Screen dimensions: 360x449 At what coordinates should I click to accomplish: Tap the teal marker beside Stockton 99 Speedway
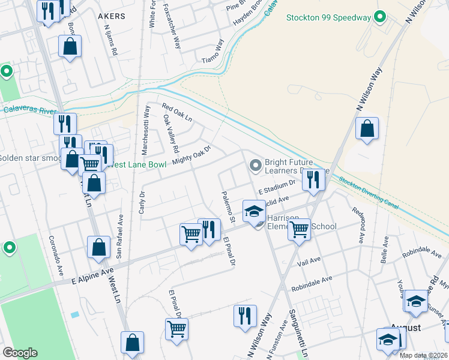(x=379, y=17)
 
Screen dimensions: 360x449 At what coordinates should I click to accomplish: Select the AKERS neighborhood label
(x=111, y=16)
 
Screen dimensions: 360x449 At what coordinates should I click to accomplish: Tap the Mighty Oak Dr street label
(x=192, y=155)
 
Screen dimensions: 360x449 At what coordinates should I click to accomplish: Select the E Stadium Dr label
(x=277, y=187)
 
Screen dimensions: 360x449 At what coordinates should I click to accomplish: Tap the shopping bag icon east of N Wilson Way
(x=367, y=128)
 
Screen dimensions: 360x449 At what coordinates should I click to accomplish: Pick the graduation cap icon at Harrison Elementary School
(x=254, y=211)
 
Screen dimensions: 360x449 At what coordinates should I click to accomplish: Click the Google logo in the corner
(x=20, y=353)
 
